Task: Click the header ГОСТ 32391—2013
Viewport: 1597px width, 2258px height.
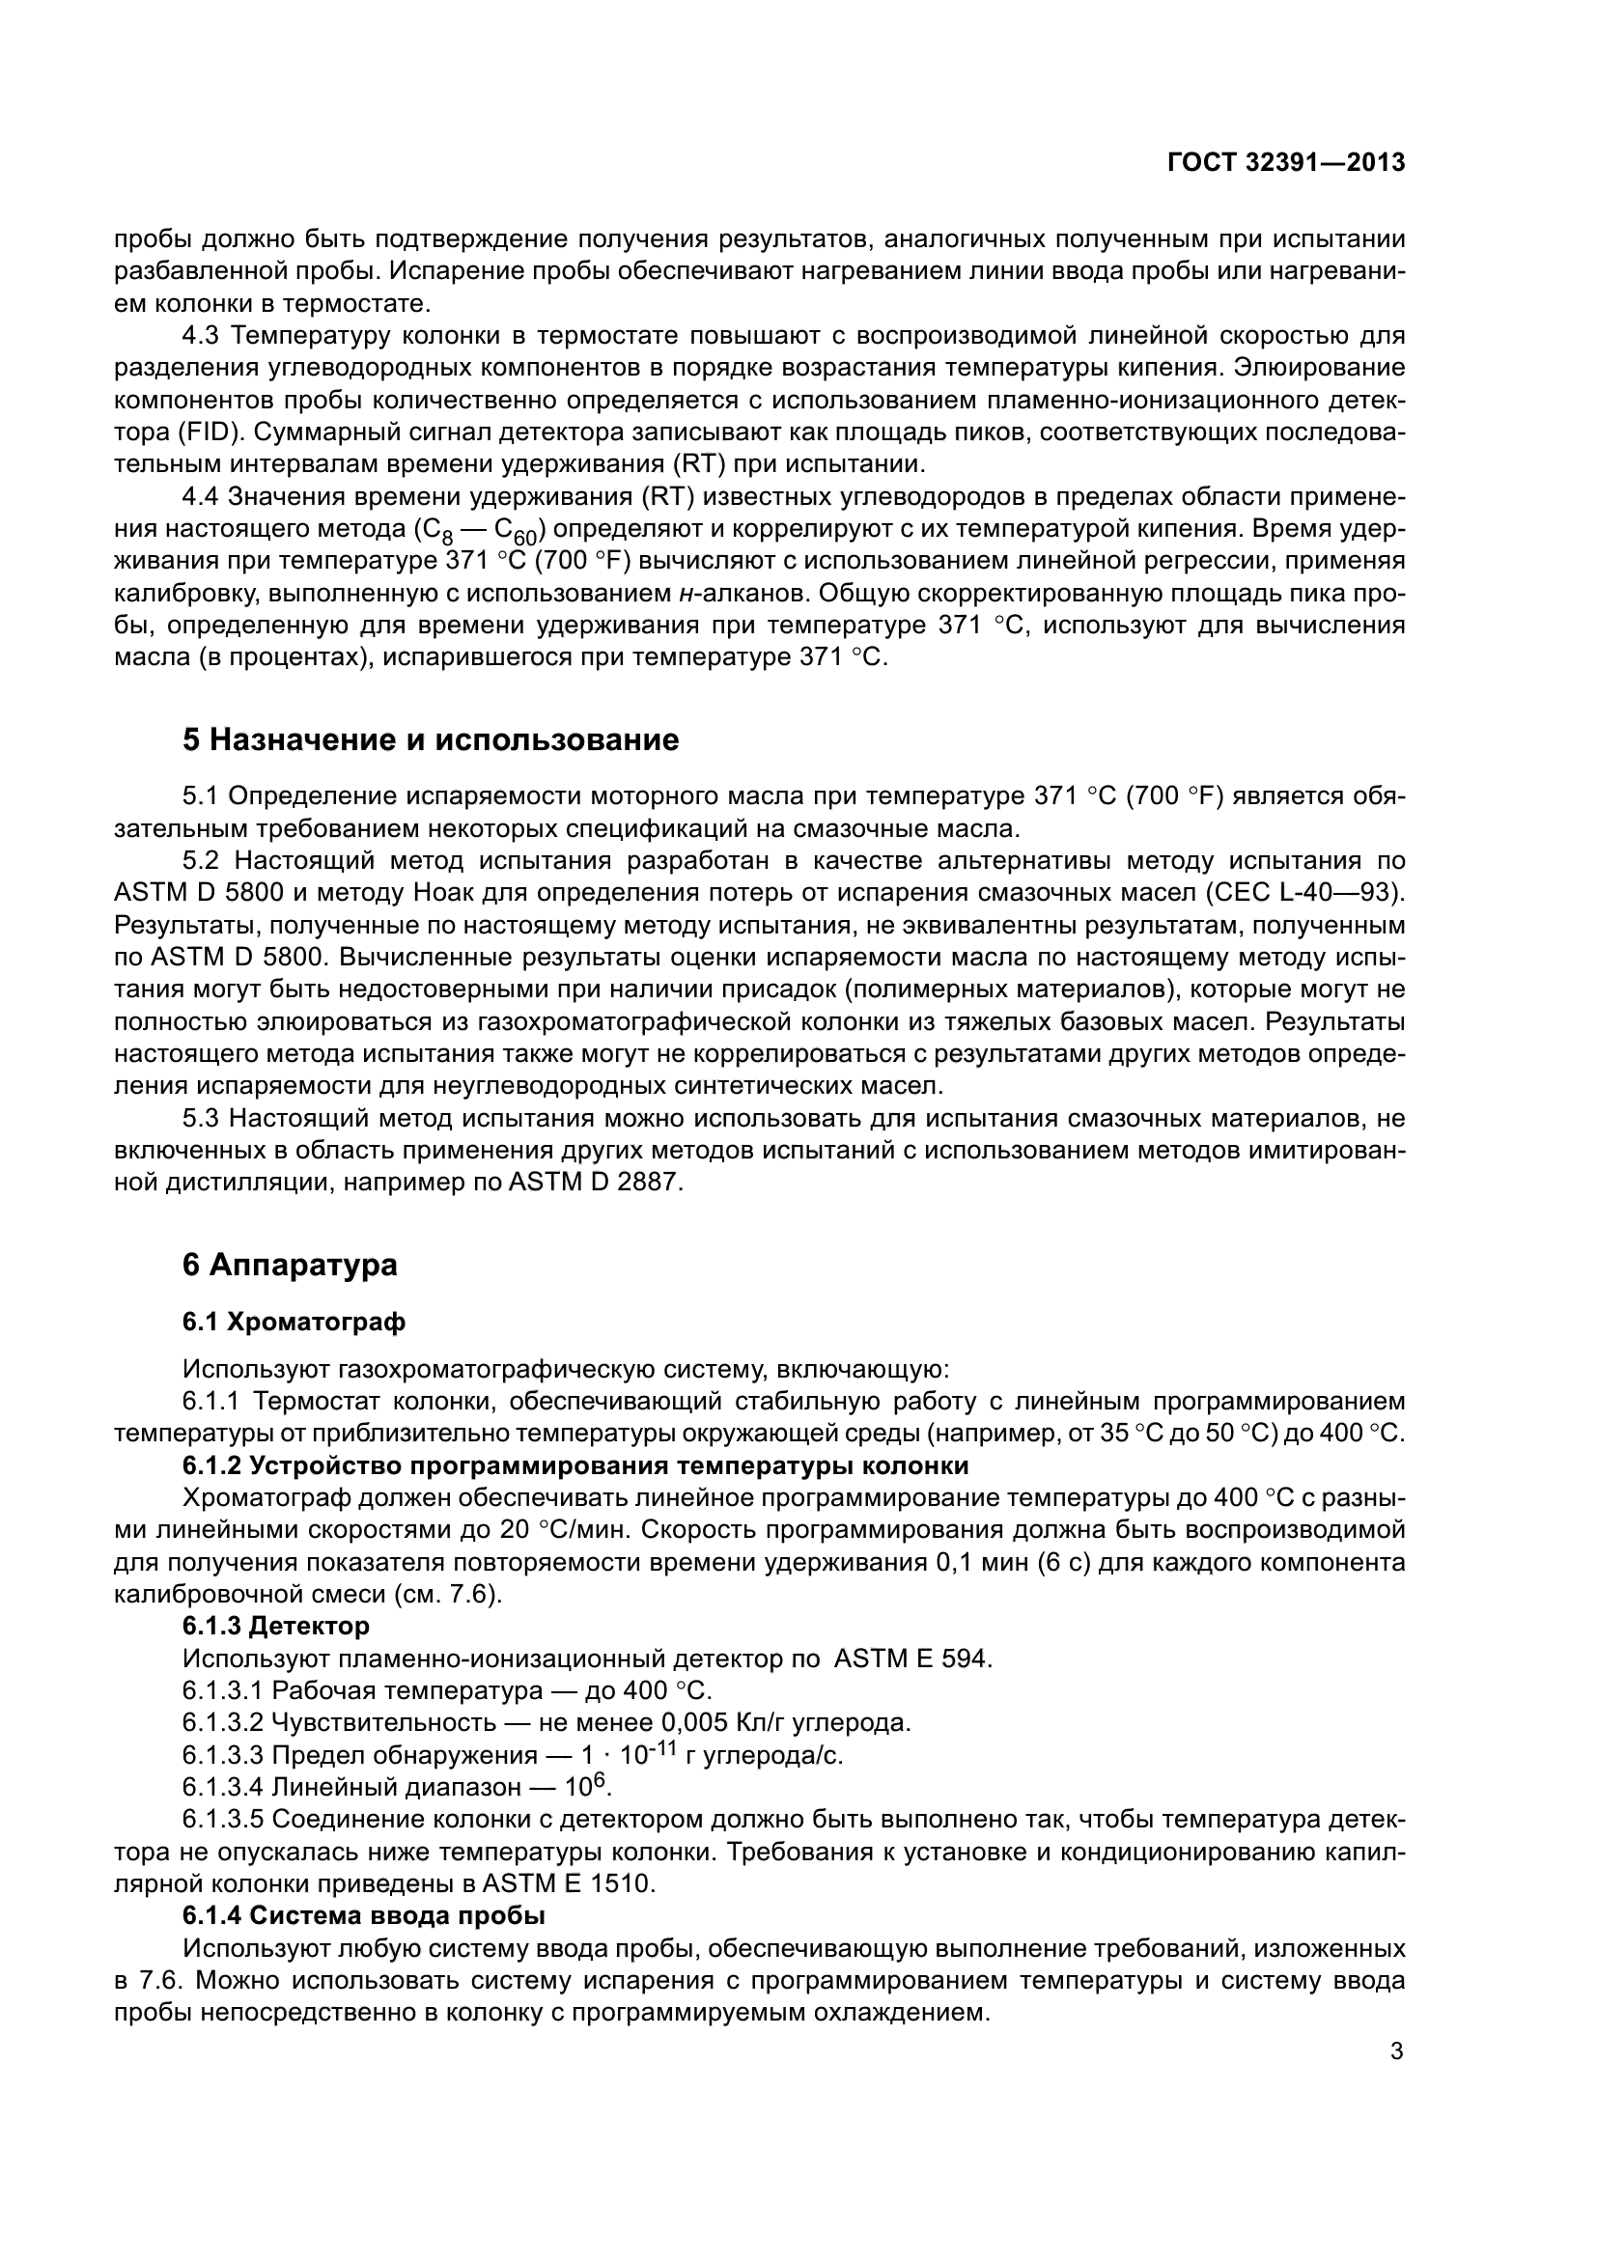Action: [x=1285, y=163]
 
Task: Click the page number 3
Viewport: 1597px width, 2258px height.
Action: [x=1396, y=2050]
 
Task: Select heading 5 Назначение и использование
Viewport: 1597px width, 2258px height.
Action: [x=430, y=739]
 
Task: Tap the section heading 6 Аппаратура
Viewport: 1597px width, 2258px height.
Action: [x=290, y=1264]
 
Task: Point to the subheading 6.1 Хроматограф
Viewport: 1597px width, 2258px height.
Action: [x=294, y=1322]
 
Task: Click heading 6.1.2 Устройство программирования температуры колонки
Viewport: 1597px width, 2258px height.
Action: [x=575, y=1465]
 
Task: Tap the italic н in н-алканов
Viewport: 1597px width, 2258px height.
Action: [x=684, y=594]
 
